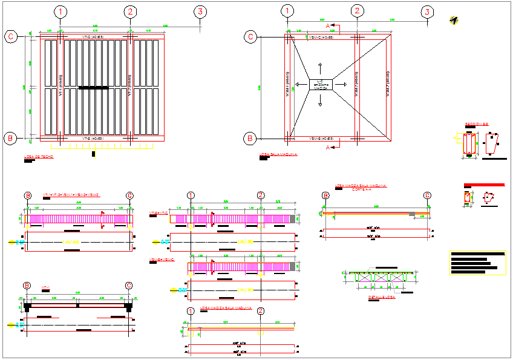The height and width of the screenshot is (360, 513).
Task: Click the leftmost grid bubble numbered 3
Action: [201, 11]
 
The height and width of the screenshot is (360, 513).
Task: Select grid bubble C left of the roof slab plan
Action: [11, 36]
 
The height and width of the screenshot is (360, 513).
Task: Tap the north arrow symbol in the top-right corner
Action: [454, 20]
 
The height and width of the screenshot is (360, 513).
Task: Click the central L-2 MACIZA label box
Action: [321, 85]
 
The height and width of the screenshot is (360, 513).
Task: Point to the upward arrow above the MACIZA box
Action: [321, 68]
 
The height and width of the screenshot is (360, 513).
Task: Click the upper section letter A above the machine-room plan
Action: [328, 27]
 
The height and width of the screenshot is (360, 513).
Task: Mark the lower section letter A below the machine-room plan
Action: [328, 147]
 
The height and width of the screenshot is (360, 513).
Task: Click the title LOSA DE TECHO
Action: [39, 157]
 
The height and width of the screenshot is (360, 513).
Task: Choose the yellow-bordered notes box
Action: [477, 263]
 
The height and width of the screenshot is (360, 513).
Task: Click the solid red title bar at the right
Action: [483, 185]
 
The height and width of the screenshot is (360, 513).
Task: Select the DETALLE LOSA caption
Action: [381, 297]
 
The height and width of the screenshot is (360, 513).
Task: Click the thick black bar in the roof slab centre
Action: [94, 88]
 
